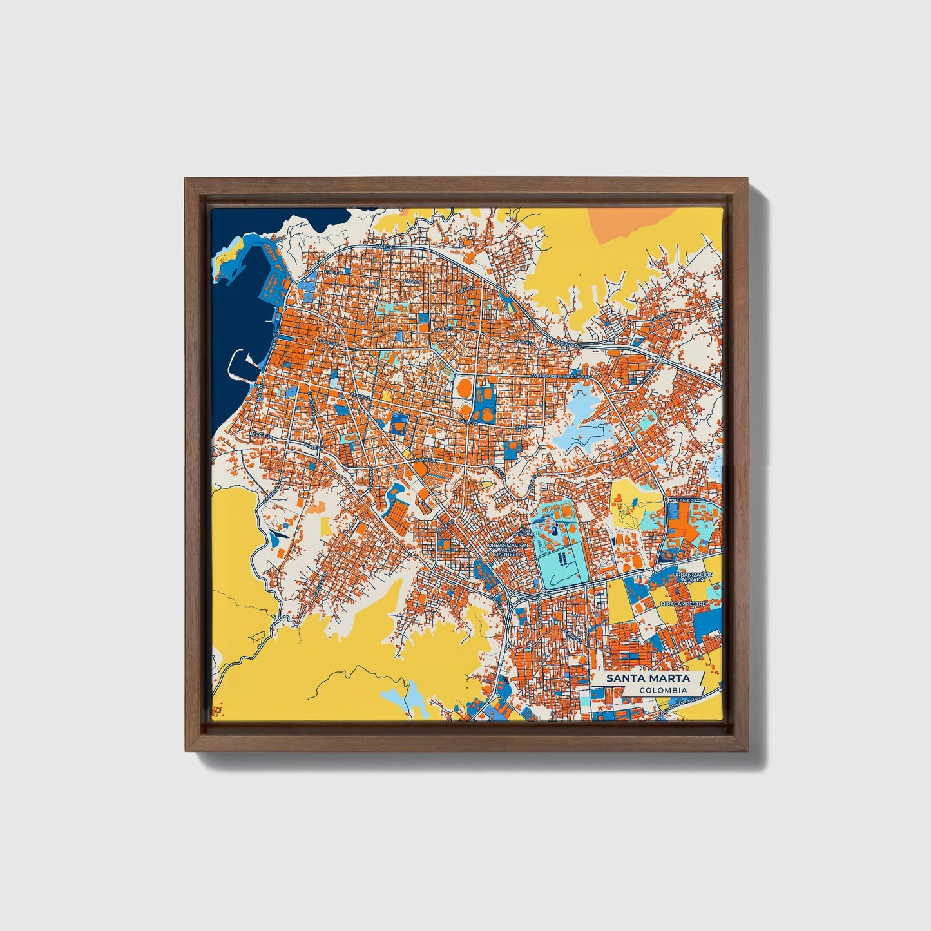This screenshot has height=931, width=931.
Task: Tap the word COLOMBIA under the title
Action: click(x=663, y=690)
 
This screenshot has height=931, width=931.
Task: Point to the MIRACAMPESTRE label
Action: click(x=684, y=604)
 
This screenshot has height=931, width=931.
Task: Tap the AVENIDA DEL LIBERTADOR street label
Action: click(x=560, y=375)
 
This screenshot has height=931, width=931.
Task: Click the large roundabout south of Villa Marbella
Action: click(x=514, y=600)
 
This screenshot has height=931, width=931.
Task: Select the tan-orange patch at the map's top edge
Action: click(x=635, y=223)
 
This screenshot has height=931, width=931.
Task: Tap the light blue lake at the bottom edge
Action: click(x=404, y=698)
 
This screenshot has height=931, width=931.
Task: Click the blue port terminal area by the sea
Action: click(x=271, y=287)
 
